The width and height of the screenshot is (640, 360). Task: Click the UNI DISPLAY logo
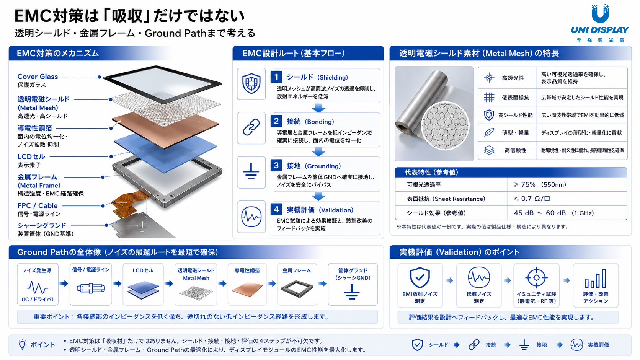coord(600,23)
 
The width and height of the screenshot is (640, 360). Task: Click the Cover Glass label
coord(38,77)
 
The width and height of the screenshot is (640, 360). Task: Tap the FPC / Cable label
coord(38,205)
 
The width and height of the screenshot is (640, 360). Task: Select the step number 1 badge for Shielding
coord(276,77)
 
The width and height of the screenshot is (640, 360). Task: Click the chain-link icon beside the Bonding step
coord(251,127)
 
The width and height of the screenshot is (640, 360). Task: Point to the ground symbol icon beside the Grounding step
coord(251,171)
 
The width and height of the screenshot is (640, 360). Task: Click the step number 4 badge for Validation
coord(276,210)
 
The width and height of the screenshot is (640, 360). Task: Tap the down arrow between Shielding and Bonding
coord(318,108)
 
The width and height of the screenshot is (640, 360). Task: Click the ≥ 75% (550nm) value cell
coord(540,185)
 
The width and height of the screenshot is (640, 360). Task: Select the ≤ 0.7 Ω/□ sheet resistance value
coord(532,199)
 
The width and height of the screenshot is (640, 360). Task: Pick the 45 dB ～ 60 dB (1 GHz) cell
coord(554,213)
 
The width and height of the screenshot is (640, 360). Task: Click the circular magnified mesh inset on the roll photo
coord(445,125)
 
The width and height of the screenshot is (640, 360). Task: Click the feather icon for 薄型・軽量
coord(489,132)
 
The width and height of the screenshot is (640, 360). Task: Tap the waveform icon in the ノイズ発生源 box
coord(38,287)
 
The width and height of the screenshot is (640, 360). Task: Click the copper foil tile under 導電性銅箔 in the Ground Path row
coord(247,289)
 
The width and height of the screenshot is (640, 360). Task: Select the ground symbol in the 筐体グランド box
coord(352,292)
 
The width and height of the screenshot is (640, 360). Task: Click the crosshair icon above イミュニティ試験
coord(536,277)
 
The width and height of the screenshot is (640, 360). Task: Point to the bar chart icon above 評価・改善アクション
coord(596,279)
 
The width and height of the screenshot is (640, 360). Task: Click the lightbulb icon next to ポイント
coord(22,345)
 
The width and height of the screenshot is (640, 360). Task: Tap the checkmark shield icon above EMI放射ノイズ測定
coord(420,277)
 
